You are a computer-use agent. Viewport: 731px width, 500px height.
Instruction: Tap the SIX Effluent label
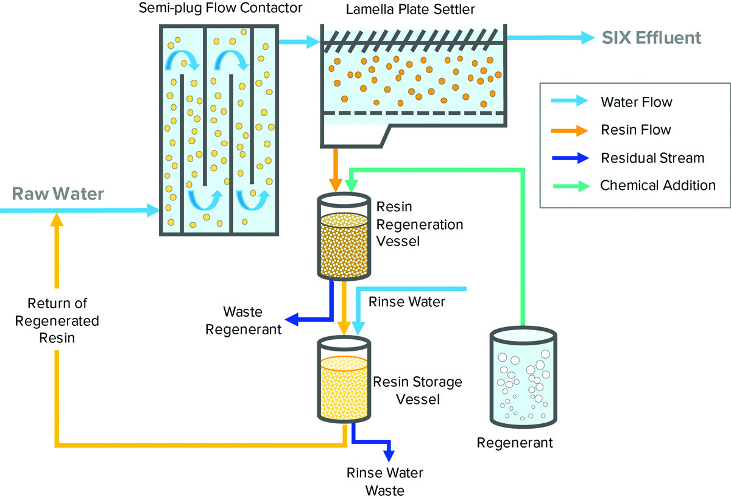point(651,38)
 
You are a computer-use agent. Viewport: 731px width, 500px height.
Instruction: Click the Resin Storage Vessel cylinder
point(344,381)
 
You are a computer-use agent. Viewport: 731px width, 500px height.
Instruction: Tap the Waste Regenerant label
point(243,321)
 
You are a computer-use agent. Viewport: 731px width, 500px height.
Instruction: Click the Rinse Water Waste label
point(384,481)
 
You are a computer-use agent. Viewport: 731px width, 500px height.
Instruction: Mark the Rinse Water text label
point(407,301)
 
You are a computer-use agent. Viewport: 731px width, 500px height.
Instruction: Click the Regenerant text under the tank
point(515,443)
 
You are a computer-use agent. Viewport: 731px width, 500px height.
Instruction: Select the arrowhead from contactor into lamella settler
point(313,42)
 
